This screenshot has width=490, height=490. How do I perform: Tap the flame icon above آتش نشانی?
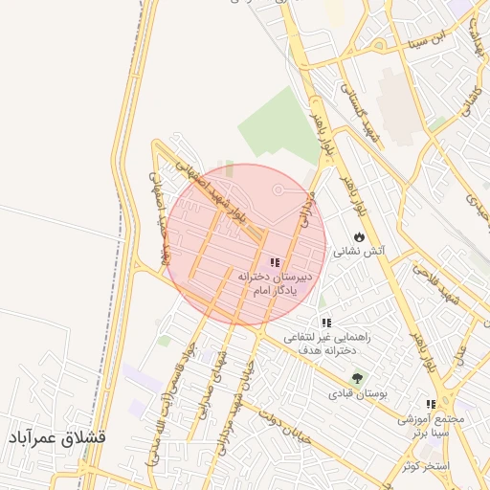coord(359,235)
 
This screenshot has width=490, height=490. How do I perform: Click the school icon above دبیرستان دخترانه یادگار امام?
coord(275,262)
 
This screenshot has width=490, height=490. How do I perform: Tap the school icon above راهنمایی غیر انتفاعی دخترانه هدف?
coord(326,323)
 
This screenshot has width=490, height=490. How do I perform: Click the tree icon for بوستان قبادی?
coord(357,378)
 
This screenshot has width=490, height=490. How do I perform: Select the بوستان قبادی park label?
coord(356,393)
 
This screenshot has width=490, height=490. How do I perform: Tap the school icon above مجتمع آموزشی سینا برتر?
coord(431,405)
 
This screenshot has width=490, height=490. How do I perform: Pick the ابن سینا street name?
coord(427,39)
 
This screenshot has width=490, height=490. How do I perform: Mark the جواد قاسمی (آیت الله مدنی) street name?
coord(167,402)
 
